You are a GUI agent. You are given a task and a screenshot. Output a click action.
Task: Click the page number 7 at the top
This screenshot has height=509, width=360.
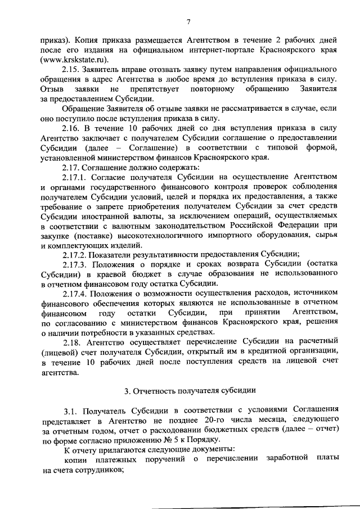(x=188, y=22)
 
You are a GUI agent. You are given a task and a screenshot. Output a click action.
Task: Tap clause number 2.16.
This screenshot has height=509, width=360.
(x=71, y=128)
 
